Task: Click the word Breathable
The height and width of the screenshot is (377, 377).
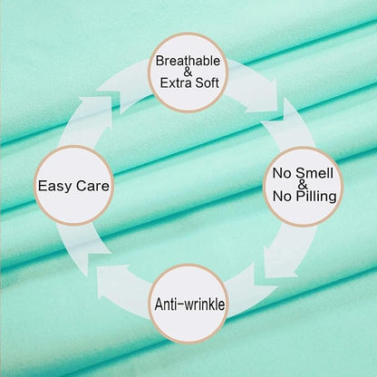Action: [188, 61]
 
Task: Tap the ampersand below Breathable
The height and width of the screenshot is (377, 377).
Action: [188, 72]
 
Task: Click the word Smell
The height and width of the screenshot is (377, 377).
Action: [314, 173]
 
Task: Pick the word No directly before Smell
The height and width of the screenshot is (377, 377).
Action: [282, 173]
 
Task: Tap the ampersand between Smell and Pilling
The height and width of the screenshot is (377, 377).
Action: [303, 184]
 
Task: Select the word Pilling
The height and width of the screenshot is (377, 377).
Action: [315, 197]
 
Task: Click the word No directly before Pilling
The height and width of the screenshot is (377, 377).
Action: [282, 197]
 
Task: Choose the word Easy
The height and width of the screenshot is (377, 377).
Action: [55, 186]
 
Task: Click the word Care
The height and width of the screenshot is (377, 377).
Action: [92, 186]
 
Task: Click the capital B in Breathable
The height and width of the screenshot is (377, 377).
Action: [159, 61]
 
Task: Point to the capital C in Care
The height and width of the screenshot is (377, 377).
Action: [81, 186]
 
